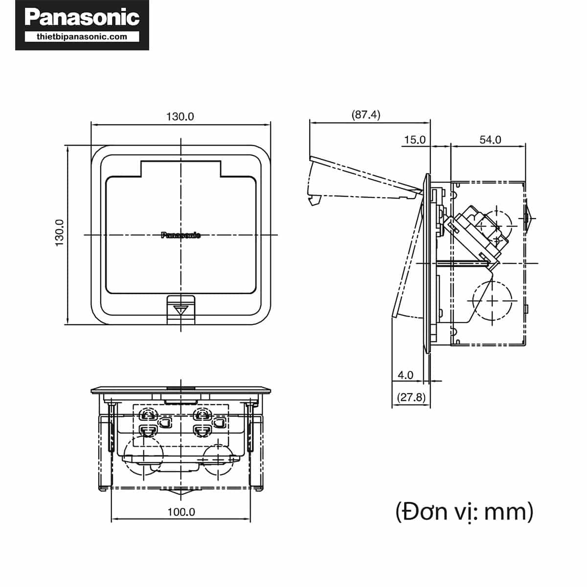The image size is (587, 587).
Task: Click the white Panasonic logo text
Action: pyautogui.click(x=82, y=17)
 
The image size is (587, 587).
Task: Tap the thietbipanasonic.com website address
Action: pyautogui.click(x=82, y=36)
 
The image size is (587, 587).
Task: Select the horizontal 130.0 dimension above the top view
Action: pyautogui.click(x=180, y=116)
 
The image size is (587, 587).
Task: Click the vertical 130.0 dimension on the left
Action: pyautogui.click(x=60, y=232)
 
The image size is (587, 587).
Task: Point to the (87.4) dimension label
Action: pyautogui.click(x=366, y=114)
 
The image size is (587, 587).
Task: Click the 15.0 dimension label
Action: pyautogui.click(x=414, y=140)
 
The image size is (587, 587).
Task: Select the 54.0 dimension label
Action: pyautogui.click(x=490, y=140)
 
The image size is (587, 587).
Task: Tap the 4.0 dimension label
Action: pyautogui.click(x=405, y=375)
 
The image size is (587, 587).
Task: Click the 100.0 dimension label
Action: pyautogui.click(x=181, y=512)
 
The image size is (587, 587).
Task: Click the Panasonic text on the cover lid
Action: pyautogui.click(x=181, y=235)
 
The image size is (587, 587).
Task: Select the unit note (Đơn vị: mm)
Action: pyautogui.click(x=464, y=512)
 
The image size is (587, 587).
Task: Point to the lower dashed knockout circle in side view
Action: pyautogui.click(x=492, y=299)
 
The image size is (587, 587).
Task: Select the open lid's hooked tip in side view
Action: pyautogui.click(x=314, y=200)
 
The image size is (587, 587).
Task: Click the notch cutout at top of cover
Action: pyautogui.click(x=181, y=168)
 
